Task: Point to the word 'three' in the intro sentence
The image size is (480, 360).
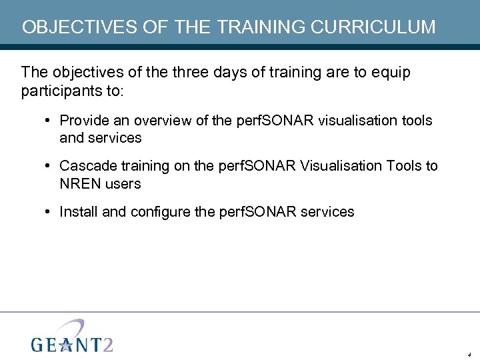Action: click(x=191, y=72)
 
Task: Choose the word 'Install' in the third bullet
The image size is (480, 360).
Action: click(x=79, y=212)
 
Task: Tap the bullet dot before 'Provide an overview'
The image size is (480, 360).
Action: click(x=49, y=121)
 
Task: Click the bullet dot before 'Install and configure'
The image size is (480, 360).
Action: click(x=49, y=213)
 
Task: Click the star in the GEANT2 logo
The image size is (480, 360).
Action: click(x=65, y=344)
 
